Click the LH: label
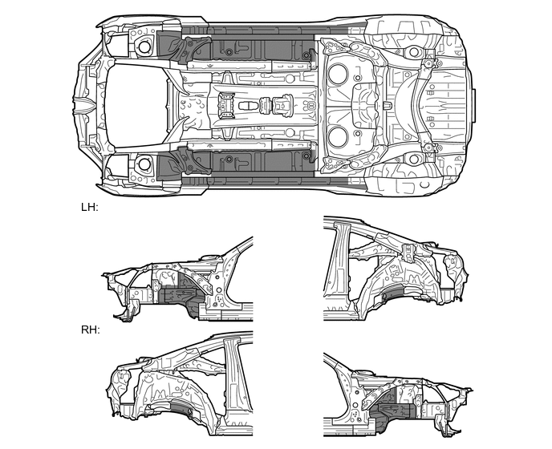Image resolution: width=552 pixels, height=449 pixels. [x=89, y=207]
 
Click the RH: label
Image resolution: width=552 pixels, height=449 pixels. [x=90, y=330]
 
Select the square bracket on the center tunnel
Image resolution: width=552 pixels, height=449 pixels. [x=225, y=104]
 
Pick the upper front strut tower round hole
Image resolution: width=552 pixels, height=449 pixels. [x=144, y=47]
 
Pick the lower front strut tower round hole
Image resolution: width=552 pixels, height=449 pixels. [x=144, y=164]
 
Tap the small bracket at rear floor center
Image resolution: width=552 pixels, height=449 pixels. [x=387, y=105]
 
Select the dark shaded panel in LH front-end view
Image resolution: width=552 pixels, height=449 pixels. [x=177, y=295]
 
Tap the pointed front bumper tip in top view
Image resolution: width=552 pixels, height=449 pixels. [x=77, y=105]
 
